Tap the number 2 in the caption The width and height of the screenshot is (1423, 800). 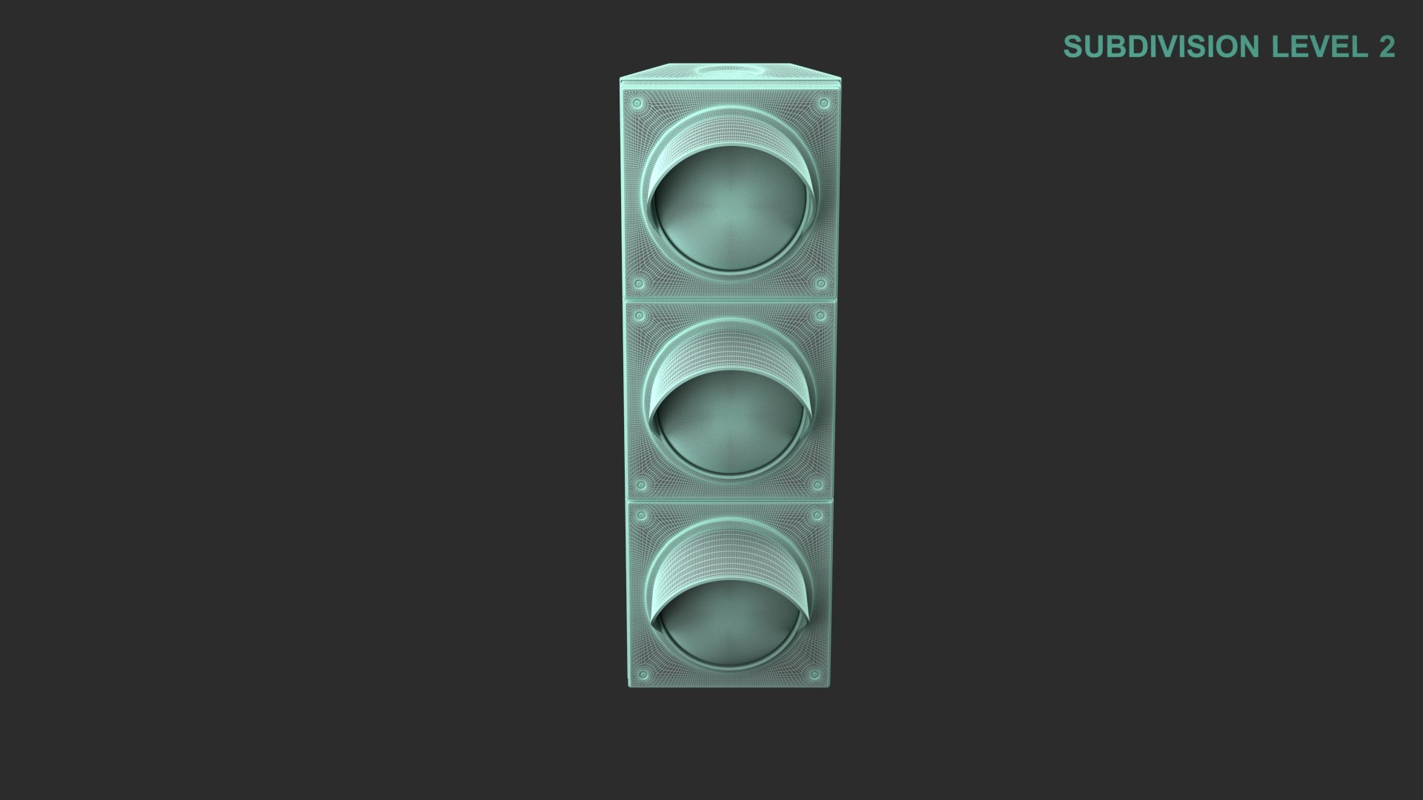coord(1387,47)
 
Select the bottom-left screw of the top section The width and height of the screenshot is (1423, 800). coord(638,283)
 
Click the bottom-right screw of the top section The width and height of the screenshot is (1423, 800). coord(820,284)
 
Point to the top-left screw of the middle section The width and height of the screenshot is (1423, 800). coord(640,317)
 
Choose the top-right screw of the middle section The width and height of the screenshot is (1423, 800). coord(820,316)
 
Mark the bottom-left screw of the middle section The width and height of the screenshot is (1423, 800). coord(642,485)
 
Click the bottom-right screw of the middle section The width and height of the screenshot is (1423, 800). coord(817,485)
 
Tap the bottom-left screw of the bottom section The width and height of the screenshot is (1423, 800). coord(643,675)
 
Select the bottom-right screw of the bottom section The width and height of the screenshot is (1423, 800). coord(815,675)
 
